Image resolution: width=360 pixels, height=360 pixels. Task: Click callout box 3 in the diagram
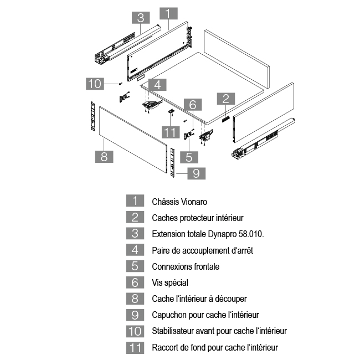[141, 17]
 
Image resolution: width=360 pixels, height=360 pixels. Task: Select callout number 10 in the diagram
[95, 84]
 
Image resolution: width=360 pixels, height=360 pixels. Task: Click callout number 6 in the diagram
[192, 104]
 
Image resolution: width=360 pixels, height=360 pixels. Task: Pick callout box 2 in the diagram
[225, 99]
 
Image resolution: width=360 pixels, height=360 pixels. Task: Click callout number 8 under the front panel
[104, 156]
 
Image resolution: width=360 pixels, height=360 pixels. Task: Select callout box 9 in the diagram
[196, 173]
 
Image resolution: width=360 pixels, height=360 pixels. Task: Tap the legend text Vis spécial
[170, 282]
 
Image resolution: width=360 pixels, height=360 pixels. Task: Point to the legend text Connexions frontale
[186, 266]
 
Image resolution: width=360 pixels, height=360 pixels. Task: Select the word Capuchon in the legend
[169, 315]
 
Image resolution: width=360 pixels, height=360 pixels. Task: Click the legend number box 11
[135, 348]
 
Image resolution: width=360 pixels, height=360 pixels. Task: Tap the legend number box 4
[135, 250]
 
